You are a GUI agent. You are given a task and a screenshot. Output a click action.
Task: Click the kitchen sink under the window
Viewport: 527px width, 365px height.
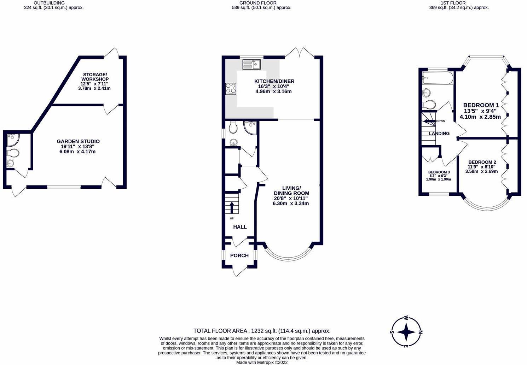251,64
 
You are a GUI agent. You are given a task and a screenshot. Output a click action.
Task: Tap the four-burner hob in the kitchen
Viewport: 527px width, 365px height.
231,89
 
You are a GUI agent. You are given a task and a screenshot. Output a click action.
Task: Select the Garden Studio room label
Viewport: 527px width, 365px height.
78,141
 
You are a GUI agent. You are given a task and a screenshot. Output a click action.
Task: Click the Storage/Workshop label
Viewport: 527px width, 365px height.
94,77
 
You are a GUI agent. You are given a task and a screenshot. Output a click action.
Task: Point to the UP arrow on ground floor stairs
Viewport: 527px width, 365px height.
232,207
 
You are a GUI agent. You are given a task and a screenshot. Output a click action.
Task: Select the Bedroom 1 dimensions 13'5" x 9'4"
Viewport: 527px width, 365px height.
481,111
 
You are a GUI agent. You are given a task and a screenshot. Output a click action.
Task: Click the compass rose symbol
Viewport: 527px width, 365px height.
406,331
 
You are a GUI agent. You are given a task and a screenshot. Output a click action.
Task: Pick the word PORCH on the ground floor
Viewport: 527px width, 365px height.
239,255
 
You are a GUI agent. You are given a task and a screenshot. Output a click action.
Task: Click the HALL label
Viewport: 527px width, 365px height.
240,227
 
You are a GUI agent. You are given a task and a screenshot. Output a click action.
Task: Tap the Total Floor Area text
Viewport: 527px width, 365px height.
262,331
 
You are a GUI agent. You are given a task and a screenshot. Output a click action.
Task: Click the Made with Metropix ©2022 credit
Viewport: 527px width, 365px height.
262,362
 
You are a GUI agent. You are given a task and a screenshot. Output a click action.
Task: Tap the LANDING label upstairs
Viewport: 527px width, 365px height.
439,134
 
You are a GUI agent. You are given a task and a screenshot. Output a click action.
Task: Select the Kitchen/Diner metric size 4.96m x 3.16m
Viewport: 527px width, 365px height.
273,92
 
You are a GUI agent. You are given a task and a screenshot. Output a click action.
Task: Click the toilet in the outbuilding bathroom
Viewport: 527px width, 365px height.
13,153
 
